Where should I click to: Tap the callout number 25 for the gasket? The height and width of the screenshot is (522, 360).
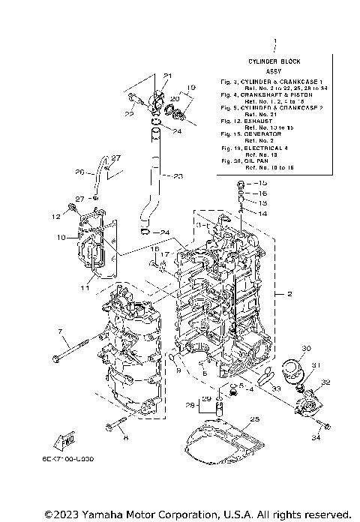pos(254,419)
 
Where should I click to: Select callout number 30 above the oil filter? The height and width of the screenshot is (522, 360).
pos(306,349)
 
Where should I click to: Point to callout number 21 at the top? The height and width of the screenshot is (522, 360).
pos(168,76)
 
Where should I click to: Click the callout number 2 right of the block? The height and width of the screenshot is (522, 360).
pos(290,295)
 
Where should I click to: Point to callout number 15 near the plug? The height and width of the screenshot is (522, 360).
pos(262,183)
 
